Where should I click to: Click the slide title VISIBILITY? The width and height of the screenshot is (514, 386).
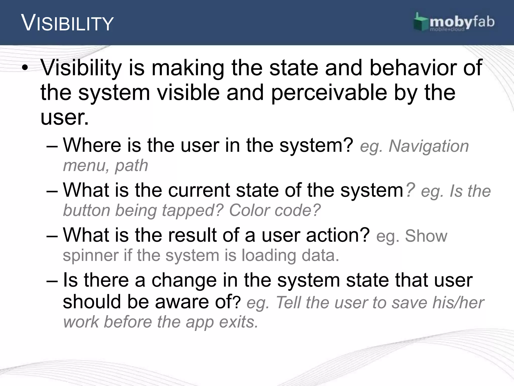(68, 23)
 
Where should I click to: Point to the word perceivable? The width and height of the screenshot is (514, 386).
(329, 92)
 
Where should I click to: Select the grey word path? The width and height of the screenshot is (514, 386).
(132, 166)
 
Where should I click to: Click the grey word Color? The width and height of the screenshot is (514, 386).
(249, 210)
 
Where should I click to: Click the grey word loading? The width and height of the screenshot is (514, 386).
(269, 256)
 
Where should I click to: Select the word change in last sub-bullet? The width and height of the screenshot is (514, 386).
(184, 280)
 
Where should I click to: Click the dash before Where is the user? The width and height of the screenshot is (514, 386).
(52, 146)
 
